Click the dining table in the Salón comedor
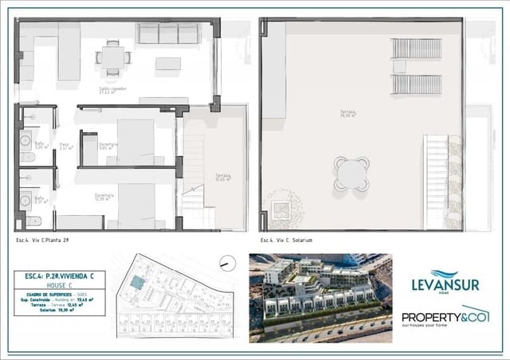112,57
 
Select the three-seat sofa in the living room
167,33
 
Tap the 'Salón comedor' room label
112,91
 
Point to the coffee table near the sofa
167,63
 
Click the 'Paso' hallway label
65,147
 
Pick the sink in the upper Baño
25,137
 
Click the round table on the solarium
351,173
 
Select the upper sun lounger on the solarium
415,48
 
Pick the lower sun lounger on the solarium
415,84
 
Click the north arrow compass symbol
226,262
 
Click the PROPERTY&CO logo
445,317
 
